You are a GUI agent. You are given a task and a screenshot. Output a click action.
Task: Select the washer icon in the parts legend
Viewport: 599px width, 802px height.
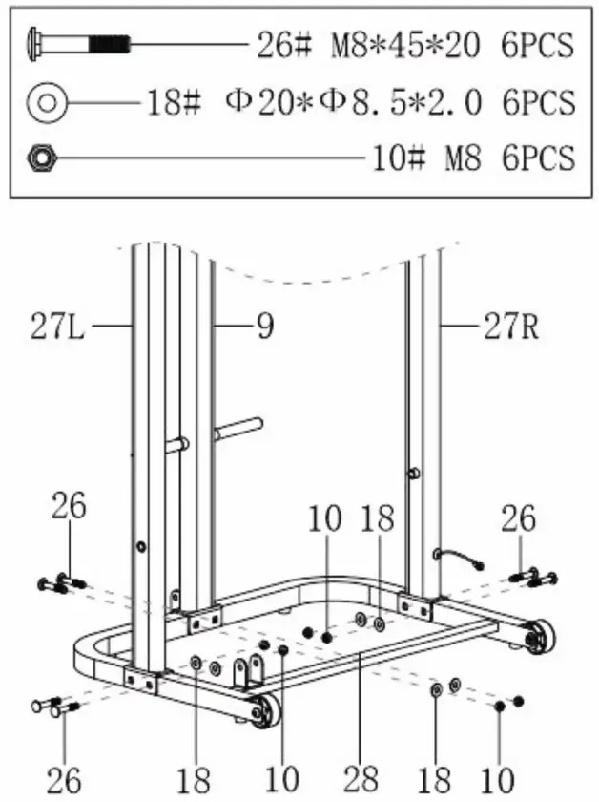(x=47, y=101)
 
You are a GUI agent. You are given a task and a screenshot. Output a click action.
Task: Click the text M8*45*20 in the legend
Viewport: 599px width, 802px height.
(x=405, y=45)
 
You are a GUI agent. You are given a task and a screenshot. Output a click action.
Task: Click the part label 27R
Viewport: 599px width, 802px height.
(x=507, y=328)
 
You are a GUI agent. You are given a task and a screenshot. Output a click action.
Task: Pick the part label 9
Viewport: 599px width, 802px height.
(x=264, y=328)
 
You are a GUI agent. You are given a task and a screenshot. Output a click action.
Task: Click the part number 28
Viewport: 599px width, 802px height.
(x=361, y=777)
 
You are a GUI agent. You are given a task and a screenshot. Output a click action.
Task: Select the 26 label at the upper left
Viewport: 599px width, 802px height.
(x=69, y=507)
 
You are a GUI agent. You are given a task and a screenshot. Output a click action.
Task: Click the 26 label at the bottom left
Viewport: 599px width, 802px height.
(x=63, y=777)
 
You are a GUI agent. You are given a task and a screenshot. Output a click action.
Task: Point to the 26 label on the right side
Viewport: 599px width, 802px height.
(x=521, y=519)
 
